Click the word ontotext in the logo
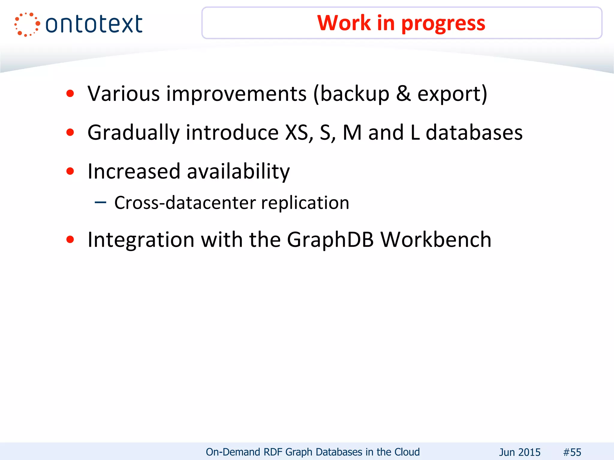(x=94, y=24)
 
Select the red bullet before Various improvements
(x=70, y=94)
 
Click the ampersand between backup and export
(x=403, y=94)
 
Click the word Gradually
(x=133, y=133)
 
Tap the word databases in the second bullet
(x=474, y=133)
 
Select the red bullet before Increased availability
(x=70, y=171)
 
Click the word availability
(x=238, y=172)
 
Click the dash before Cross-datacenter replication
(x=100, y=203)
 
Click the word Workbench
(x=436, y=240)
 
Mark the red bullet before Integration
(x=70, y=240)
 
